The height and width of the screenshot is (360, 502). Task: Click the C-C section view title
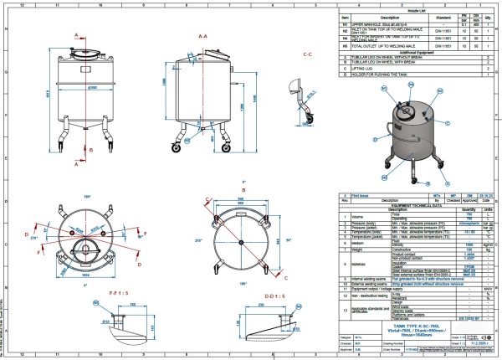point(307,55)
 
